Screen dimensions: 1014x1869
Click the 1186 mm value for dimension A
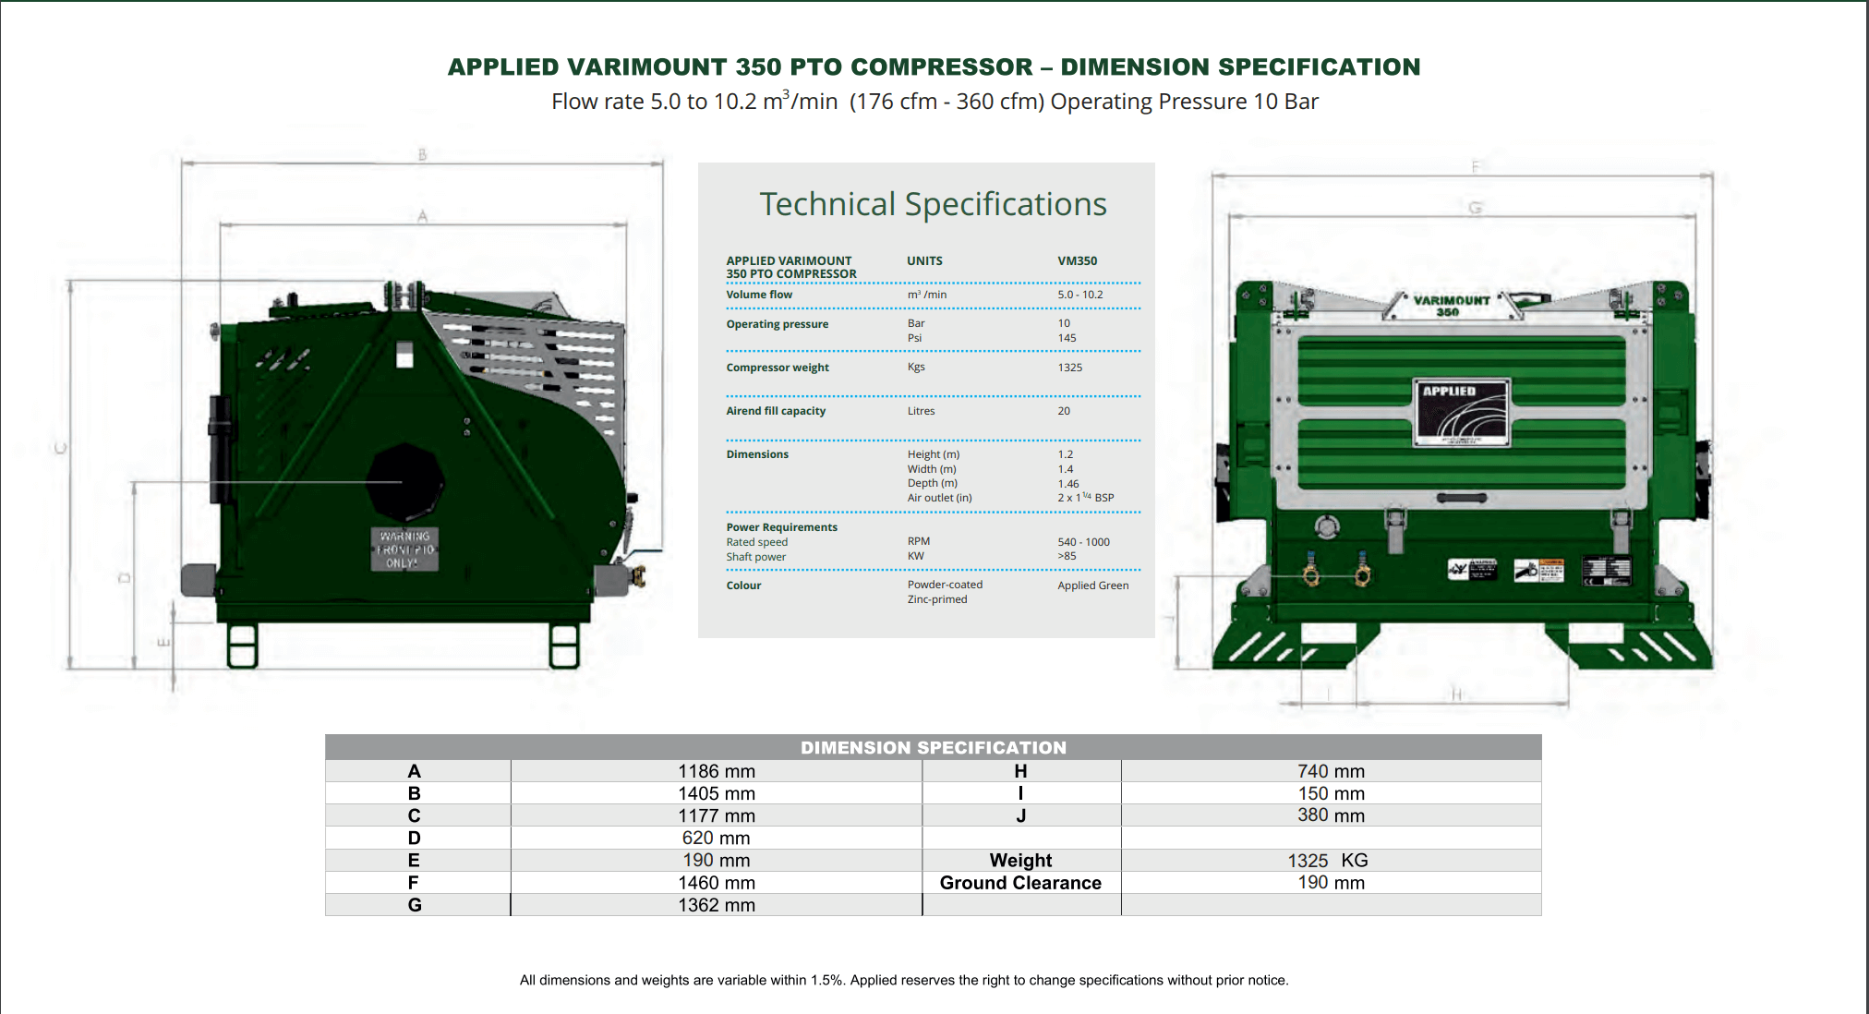[717, 771]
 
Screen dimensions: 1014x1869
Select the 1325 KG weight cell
[1328, 861]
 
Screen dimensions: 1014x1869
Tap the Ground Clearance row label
[1020, 883]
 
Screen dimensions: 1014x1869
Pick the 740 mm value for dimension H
[1331, 771]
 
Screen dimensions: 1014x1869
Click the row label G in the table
[415, 905]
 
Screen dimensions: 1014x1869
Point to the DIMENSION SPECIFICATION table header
[933, 747]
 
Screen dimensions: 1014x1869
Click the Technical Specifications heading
[933, 204]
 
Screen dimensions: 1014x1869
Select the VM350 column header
[1077, 261]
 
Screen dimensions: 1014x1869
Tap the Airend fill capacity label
[776, 411]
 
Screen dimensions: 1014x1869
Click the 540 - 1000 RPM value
[1083, 542]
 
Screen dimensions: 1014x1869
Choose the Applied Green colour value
[1092, 585]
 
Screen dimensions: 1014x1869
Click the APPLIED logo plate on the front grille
[1462, 413]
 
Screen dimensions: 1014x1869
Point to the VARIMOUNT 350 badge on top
[1451, 306]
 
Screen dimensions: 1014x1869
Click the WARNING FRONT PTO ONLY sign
[405, 549]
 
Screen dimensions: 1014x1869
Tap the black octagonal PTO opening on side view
[404, 482]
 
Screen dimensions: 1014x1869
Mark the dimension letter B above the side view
[422, 155]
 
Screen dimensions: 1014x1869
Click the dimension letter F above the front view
[1475, 167]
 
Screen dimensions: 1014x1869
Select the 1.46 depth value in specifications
[1068, 484]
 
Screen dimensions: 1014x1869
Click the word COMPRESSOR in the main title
[941, 67]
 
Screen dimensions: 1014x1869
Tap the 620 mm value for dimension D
[716, 838]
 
